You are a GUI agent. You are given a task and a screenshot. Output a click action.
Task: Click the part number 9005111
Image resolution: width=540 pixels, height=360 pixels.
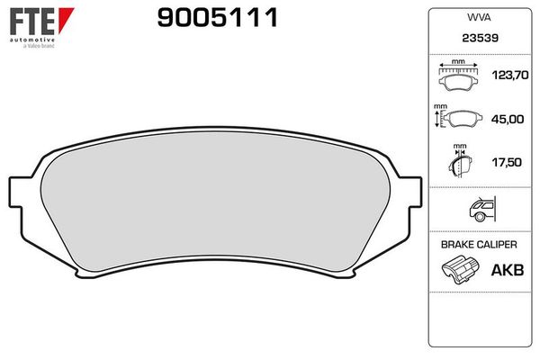click(x=217, y=17)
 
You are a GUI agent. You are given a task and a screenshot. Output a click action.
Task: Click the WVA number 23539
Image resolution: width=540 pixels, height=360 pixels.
click(x=478, y=39)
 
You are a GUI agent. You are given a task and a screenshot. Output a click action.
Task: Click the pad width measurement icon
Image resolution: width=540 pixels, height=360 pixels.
click(x=459, y=77)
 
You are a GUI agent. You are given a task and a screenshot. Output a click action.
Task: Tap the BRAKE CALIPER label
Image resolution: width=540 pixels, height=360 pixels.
click(x=478, y=245)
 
